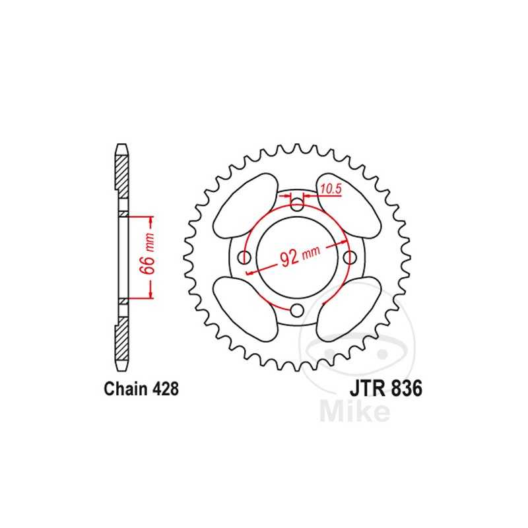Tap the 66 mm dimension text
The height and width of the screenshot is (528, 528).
click(x=149, y=258)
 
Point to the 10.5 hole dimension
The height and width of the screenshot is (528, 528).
click(x=330, y=189)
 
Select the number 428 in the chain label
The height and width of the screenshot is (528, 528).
click(x=162, y=389)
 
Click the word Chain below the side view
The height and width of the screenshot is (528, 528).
click(x=125, y=389)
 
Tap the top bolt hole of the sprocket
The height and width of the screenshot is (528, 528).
click(x=298, y=204)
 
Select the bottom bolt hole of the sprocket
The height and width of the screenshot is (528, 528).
click(x=298, y=311)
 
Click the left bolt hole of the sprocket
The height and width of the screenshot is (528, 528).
click(x=244, y=257)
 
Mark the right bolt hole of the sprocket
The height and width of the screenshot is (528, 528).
click(x=350, y=257)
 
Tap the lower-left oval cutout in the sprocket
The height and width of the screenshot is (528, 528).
click(x=245, y=308)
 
